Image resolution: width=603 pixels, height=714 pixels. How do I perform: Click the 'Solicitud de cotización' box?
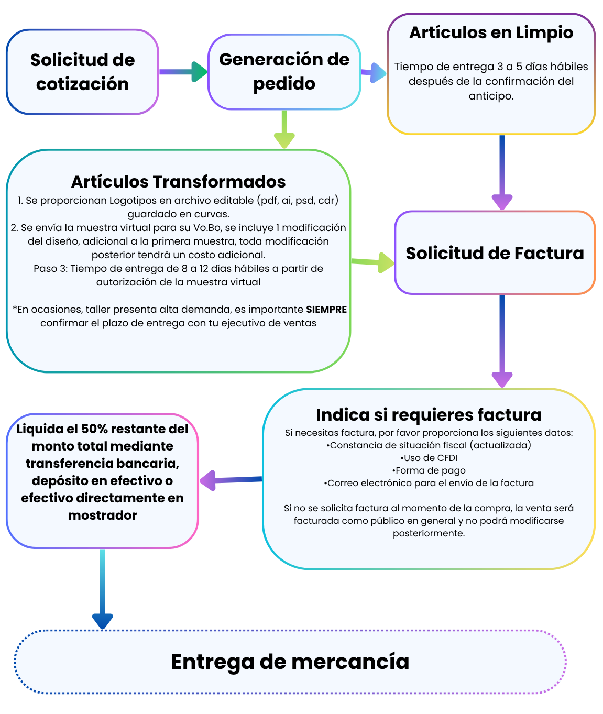coord(82,72)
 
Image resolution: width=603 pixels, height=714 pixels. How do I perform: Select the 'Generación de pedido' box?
coord(284,72)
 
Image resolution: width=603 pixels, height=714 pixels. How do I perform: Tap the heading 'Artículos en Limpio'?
coord(491,32)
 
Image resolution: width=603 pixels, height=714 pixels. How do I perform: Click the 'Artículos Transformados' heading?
coord(178,182)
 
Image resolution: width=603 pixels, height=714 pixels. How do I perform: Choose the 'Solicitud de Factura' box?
coord(495,253)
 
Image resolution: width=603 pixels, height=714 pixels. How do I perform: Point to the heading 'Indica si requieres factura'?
coord(429,415)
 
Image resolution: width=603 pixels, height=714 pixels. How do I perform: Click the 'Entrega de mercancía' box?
coord(290,662)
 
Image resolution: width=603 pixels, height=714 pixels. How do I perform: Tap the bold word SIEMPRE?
coord(326,310)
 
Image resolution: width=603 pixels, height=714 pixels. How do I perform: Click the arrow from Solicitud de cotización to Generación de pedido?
coord(183,72)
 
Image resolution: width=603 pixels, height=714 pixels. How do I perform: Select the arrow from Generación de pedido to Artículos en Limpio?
coord(374,72)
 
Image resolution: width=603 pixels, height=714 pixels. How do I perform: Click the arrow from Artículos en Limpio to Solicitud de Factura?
coord(502,173)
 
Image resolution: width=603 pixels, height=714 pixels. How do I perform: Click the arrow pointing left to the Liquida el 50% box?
coord(231,480)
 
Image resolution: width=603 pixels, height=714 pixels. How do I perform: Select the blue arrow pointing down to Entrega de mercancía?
coord(102,589)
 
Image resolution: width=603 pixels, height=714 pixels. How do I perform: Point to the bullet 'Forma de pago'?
coord(429,470)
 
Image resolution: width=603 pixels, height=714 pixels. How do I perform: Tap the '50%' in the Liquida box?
coord(94,429)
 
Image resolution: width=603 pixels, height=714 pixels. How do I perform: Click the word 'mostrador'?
coord(102,515)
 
